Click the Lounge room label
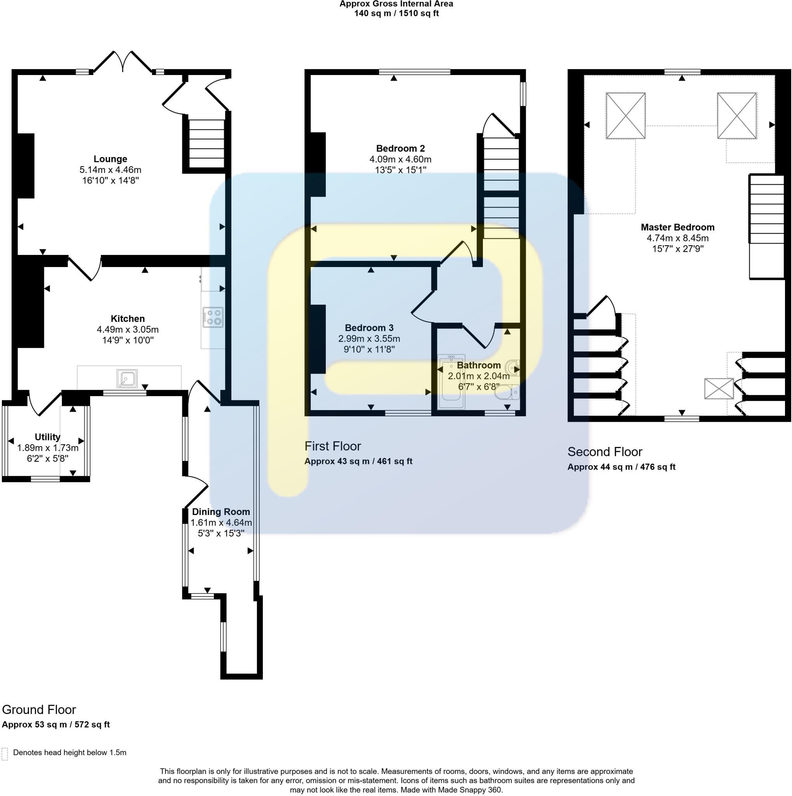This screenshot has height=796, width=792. coord(110,159)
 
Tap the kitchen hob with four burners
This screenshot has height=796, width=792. coord(213,317)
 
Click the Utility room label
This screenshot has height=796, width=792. coord(47,437)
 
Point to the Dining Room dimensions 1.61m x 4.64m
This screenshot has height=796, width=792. coord(221,522)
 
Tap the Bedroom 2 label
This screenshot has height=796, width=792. coord(400,148)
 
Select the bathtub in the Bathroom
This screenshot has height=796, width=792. coord(452,382)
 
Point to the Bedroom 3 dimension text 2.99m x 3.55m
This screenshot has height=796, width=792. coord(369,339)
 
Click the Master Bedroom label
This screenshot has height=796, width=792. coord(677,227)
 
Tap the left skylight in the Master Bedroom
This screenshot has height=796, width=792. coord(625,116)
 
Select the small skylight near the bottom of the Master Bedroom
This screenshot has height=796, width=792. coord(718,389)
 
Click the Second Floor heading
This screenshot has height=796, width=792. coord(605,452)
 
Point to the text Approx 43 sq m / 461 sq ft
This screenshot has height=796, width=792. coord(358,461)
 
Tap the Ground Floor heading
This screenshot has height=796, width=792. coord(39,709)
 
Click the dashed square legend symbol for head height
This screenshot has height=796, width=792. coord(5,753)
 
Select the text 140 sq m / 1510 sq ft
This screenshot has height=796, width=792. coord(396,14)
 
